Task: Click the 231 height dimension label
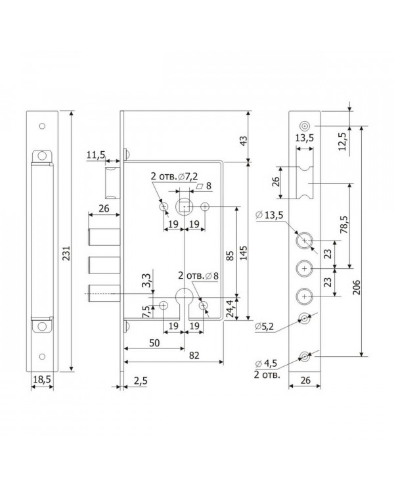coord(66,253)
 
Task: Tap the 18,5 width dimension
coord(42,379)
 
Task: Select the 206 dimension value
coord(357,287)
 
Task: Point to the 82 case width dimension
coord(194,356)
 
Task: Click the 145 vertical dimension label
coord(243,253)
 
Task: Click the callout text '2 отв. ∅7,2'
coord(175,176)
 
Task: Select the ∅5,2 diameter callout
coord(264,327)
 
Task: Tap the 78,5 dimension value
coord(344,224)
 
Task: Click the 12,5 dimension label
coord(343,141)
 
